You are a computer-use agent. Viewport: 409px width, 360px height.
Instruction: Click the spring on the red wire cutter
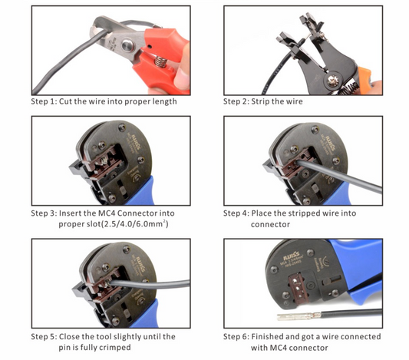tap(160, 62)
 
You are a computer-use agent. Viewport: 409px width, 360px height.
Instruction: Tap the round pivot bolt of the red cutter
tap(128, 45)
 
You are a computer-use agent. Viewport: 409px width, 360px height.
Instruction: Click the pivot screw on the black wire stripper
tap(333, 81)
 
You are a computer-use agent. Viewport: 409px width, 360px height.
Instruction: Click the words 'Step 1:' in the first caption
tap(44, 101)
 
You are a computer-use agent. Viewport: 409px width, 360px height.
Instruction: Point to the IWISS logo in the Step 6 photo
tap(292, 256)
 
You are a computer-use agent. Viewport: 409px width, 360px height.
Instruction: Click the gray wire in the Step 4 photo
tap(339, 177)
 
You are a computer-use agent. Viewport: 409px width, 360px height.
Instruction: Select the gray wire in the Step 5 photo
tap(150, 284)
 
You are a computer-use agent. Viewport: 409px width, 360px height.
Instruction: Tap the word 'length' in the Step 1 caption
tap(164, 101)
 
